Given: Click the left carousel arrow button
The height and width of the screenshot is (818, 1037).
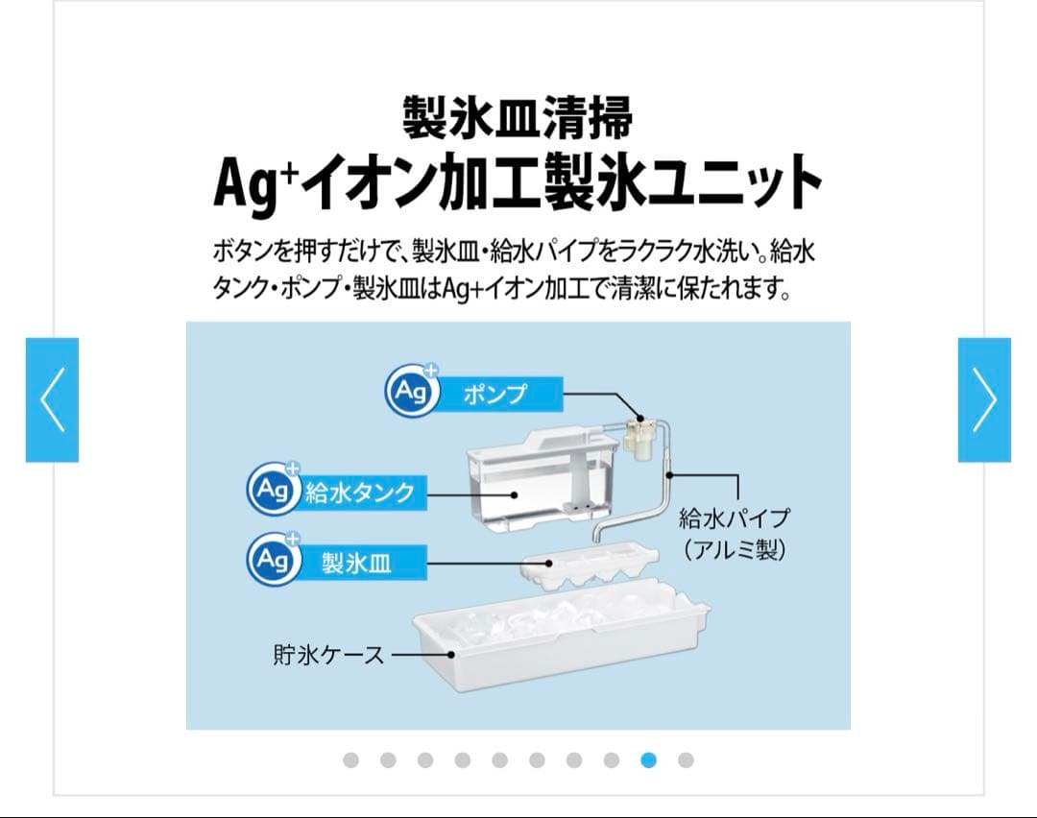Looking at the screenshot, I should tap(52, 399).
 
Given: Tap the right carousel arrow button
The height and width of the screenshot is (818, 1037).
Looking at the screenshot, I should tap(984, 399).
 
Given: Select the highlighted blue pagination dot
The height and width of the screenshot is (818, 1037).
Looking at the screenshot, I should tap(648, 760).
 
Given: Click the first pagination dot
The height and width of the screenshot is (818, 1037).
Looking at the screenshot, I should tap(350, 760).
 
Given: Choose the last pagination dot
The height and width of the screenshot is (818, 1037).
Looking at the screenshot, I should tap(686, 760).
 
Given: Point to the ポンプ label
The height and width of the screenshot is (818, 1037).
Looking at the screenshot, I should tap(495, 394).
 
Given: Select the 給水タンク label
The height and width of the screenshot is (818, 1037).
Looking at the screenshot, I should tap(360, 493).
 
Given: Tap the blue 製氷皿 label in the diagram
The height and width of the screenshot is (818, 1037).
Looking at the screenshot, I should tap(355, 563).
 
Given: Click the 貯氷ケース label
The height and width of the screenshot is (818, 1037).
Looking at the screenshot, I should tap(328, 656).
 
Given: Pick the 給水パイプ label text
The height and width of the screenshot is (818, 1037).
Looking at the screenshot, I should tap(734, 518).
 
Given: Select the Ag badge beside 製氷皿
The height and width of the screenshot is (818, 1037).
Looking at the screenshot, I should tap(273, 559).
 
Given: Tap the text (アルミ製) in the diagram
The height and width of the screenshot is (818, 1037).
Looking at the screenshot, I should tap(734, 551).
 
